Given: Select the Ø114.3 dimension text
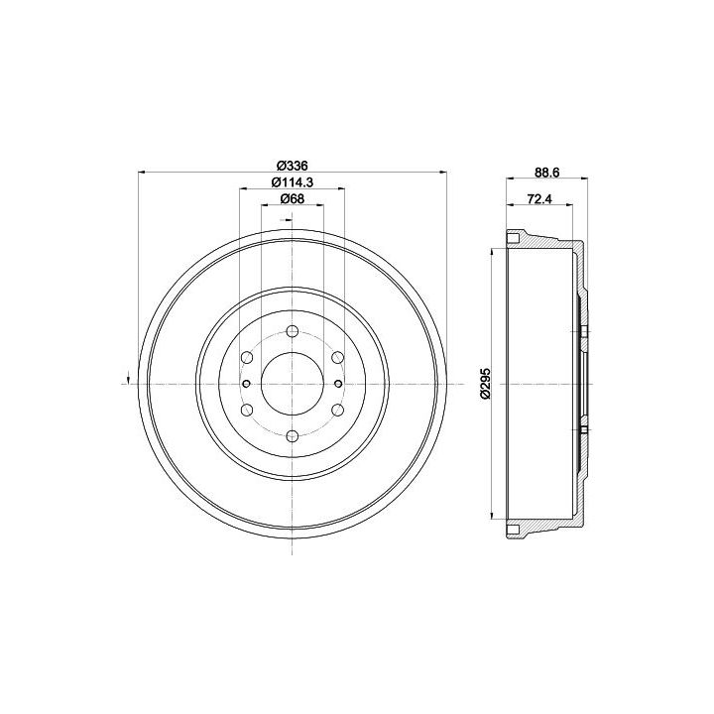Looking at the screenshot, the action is point(293,181).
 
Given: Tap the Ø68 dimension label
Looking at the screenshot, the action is point(293,198).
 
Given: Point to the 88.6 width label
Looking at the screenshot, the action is point(546,173).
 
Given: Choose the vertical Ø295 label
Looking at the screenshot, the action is point(485,384).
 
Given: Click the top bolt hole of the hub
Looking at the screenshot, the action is point(293,331).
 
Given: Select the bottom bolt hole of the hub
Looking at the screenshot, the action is point(293,436).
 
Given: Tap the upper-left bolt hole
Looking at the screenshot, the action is point(247,357).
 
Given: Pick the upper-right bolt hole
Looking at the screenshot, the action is point(337,357).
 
